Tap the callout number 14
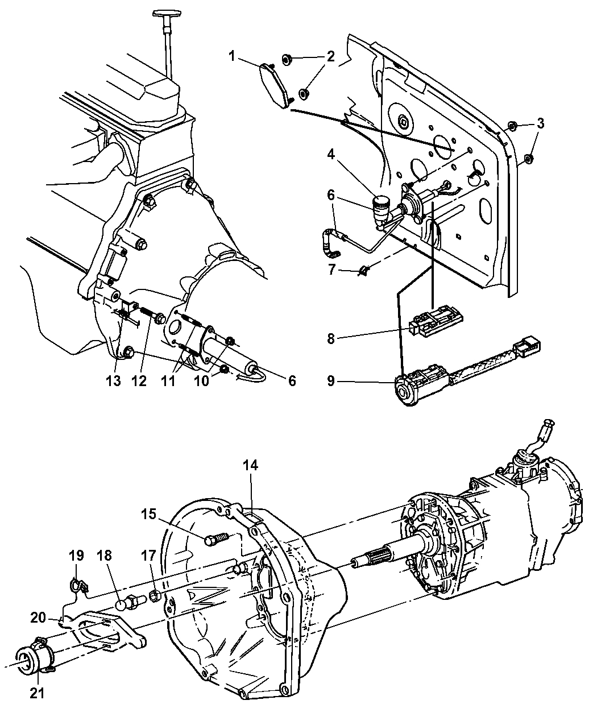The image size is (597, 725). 250,465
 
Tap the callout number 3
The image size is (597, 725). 540,123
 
